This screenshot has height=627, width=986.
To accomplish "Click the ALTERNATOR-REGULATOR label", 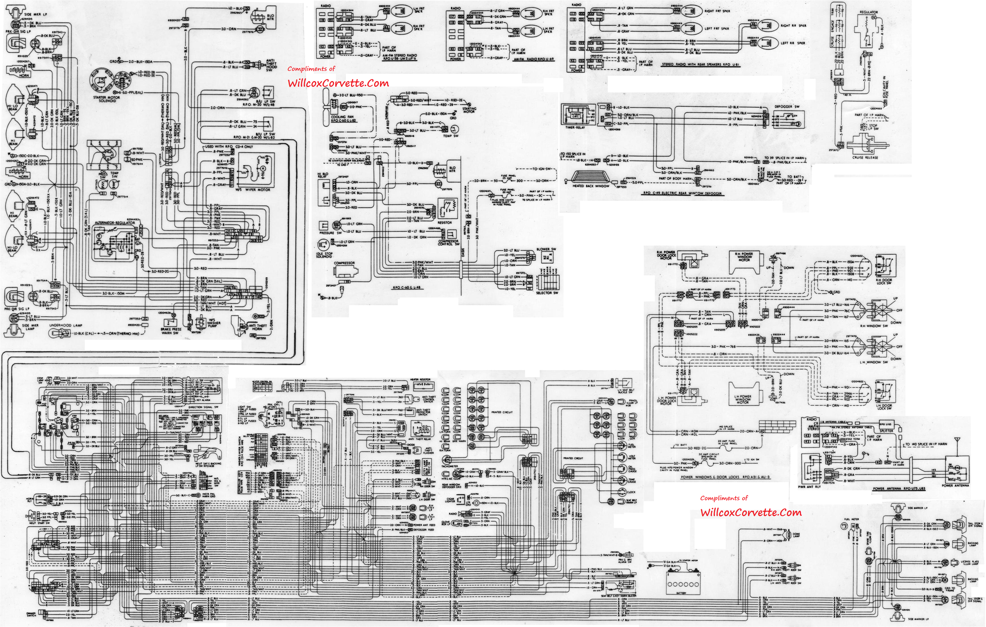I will pos(117,223).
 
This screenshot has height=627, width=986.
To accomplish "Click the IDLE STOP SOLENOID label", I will pos(324,255).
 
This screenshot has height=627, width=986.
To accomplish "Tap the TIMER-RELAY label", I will pos(575,127).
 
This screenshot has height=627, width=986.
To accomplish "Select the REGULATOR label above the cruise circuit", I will pos(868,12).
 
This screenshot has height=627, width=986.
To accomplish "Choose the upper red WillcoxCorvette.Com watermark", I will pos(338,83).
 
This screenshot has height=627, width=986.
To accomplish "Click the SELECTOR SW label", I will pos(547,293).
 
